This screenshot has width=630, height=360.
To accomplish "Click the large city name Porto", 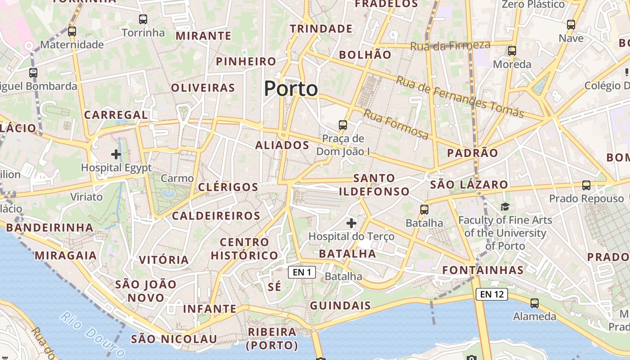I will tap(291, 89).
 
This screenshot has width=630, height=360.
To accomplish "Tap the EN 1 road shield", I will tap(302, 272).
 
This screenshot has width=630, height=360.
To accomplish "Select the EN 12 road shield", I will tap(491, 294).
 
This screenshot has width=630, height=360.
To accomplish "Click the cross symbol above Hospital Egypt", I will tap(116, 154).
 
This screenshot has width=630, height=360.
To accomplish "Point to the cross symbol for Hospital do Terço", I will tap(351, 223).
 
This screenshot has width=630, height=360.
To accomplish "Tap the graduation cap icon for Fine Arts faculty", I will tap(505, 207).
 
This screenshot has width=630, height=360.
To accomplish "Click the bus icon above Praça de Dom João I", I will tap(343, 125).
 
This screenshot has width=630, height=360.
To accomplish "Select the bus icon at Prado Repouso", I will tap(586, 185).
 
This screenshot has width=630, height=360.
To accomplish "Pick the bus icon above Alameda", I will tap(535, 303).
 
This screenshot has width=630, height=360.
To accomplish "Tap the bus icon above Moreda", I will tap(512, 51).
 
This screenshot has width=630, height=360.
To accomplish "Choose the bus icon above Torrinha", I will tap(143, 19).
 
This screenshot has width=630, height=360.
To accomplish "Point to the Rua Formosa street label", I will tap(396, 124).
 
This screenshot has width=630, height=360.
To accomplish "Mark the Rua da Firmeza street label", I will tap(450, 45).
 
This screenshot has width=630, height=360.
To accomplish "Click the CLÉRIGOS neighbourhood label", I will tap(228, 187).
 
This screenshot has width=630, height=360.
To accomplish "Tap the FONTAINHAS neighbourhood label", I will tap(483, 270).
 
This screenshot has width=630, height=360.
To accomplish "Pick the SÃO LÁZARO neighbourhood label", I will tap(469, 184).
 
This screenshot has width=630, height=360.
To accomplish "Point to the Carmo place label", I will tap(177, 178).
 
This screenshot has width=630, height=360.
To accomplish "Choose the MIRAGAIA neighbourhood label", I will tap(66, 256).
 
